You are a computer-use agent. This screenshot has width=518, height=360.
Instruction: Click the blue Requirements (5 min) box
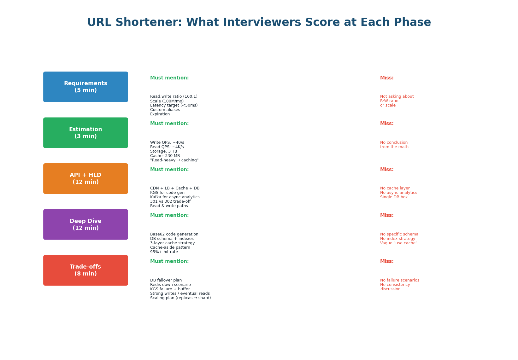click(x=85, y=87)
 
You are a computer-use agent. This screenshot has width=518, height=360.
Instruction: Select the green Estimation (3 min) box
click(x=85, y=133)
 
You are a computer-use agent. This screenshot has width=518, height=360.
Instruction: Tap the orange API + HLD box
click(x=85, y=178)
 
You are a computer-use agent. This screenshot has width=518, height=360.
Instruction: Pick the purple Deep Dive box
click(x=85, y=224)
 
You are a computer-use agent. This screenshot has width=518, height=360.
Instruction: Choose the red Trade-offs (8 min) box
click(x=85, y=270)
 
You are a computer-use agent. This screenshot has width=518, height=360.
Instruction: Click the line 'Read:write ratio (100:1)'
click(x=174, y=96)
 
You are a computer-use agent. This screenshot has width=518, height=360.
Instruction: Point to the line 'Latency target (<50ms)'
click(x=174, y=105)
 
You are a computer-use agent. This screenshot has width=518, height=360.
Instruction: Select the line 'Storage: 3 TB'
click(x=163, y=151)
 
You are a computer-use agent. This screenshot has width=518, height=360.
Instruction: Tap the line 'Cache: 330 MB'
click(x=165, y=156)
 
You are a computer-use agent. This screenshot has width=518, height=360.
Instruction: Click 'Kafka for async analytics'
click(x=174, y=197)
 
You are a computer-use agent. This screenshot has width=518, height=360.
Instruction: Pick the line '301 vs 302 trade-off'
click(x=170, y=201)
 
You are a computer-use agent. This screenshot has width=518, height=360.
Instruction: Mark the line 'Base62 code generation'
click(x=174, y=234)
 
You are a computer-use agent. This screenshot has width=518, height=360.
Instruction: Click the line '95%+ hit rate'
click(x=164, y=252)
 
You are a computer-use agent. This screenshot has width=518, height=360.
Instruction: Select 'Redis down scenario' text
click(x=170, y=285)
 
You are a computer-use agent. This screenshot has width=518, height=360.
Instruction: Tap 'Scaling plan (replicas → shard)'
click(x=180, y=298)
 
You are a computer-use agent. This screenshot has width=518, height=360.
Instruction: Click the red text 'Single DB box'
click(x=393, y=197)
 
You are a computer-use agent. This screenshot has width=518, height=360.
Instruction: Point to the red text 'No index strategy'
click(x=397, y=239)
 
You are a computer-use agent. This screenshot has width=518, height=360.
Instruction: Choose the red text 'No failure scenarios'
click(x=399, y=280)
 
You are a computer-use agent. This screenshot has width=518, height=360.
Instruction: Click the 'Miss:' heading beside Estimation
click(x=386, y=124)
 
